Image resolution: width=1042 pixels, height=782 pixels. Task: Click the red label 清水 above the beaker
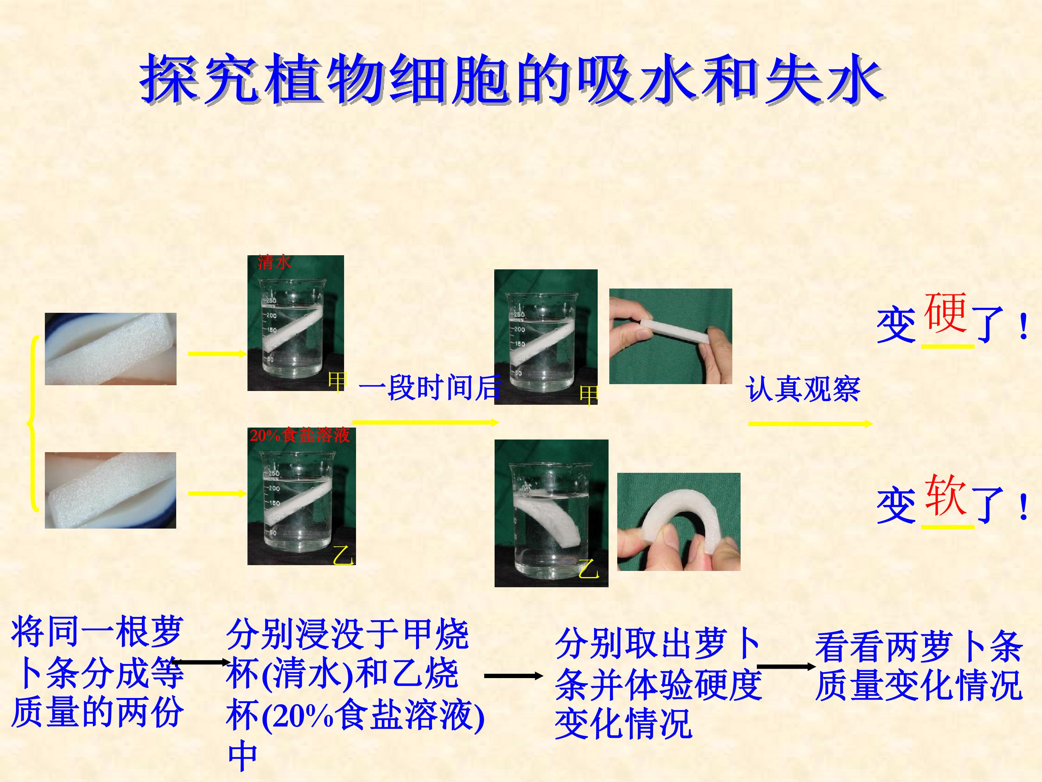[x=274, y=262]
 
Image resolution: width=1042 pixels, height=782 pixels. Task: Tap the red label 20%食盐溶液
[x=300, y=435]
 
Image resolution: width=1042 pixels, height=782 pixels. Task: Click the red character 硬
[x=945, y=312]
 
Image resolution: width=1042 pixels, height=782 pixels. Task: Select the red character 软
[x=945, y=495]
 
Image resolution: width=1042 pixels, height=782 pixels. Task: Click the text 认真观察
[x=803, y=389]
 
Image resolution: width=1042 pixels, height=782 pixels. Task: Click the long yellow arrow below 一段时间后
[x=426, y=422]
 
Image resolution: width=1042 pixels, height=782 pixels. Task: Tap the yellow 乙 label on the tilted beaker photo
[x=588, y=569]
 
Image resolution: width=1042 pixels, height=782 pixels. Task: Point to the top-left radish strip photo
[x=111, y=349]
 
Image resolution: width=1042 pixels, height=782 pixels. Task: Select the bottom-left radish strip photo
[x=111, y=490]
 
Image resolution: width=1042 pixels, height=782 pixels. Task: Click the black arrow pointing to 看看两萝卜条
[x=785, y=667]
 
